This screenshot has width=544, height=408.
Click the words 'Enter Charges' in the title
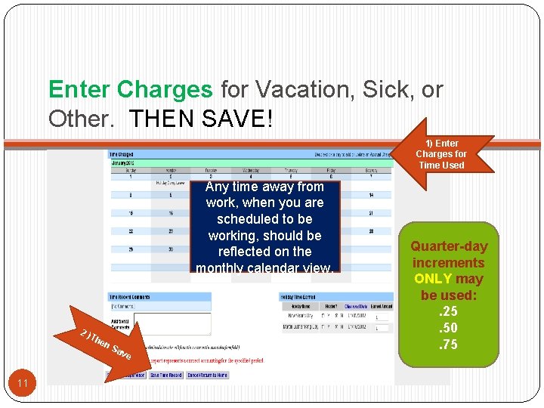point(130,90)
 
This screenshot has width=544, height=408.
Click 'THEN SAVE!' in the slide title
point(199,119)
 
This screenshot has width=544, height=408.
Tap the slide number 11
point(23,384)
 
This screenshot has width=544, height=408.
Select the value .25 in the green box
point(449,312)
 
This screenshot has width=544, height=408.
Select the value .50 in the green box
point(449,329)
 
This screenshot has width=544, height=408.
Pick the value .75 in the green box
point(449,345)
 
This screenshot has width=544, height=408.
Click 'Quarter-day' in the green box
point(449,246)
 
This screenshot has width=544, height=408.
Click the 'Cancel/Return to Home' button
point(207,375)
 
